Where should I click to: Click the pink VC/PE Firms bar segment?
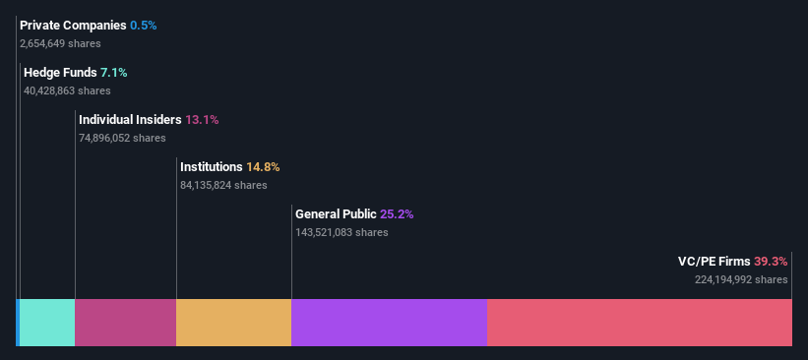(640, 323)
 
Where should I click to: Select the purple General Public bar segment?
(389, 323)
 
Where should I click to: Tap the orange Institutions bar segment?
(233, 323)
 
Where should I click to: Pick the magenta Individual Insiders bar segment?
(125, 323)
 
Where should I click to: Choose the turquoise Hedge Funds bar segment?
(47, 323)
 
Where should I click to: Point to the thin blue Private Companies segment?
(18, 323)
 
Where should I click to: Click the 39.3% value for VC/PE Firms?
(771, 262)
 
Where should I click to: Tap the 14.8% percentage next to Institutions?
(263, 167)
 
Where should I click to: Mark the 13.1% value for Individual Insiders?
(202, 120)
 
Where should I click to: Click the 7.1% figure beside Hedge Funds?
(114, 73)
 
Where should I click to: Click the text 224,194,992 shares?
(741, 280)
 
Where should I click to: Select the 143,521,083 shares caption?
(342, 233)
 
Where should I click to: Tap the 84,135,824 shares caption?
(223, 185)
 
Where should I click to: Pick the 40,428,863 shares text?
(67, 90)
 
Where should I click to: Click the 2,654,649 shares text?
(60, 43)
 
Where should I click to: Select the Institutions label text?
(211, 167)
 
